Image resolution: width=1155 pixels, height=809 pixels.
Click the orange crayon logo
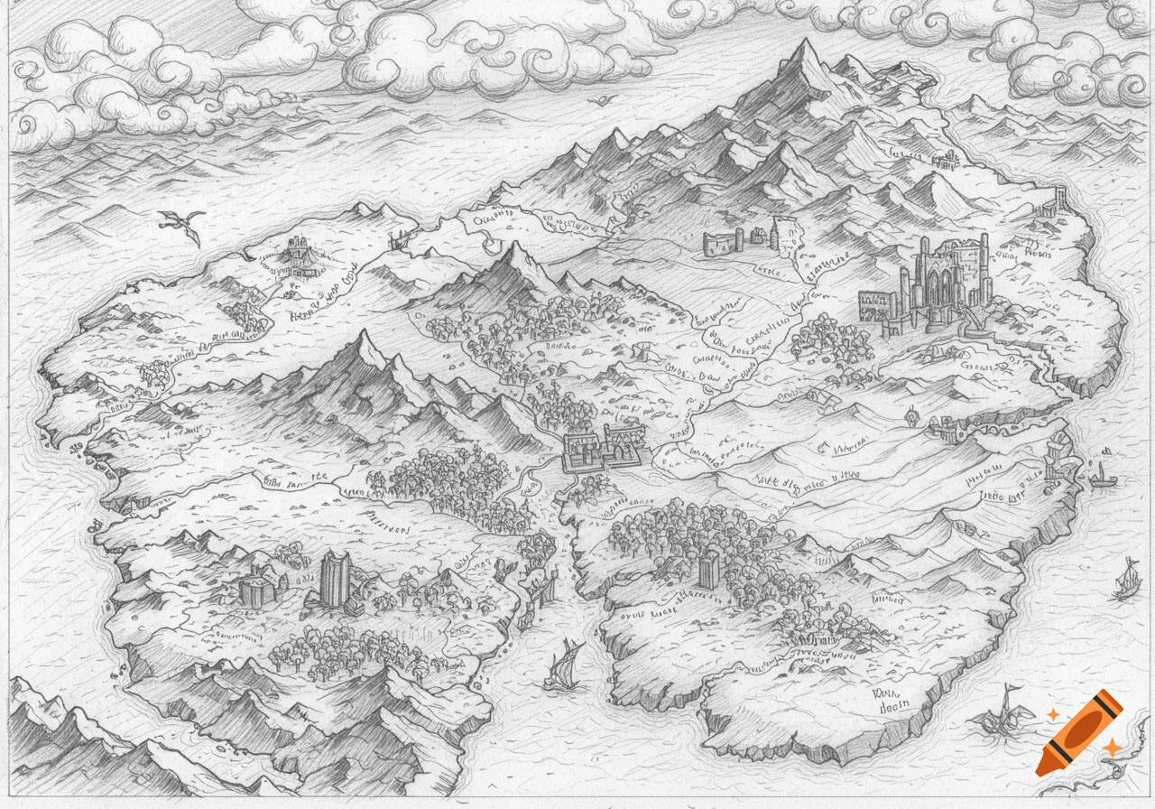pyautogui.click(x=1079, y=732)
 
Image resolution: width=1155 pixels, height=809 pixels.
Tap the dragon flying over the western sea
pyautogui.click(x=180, y=223)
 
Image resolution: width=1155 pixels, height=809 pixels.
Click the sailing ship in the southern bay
pyautogui.click(x=565, y=665)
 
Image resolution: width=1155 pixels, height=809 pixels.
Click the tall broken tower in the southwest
pyautogui.click(x=334, y=579)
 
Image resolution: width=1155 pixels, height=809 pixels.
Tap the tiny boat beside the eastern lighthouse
pyautogui.click(x=1098, y=474)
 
